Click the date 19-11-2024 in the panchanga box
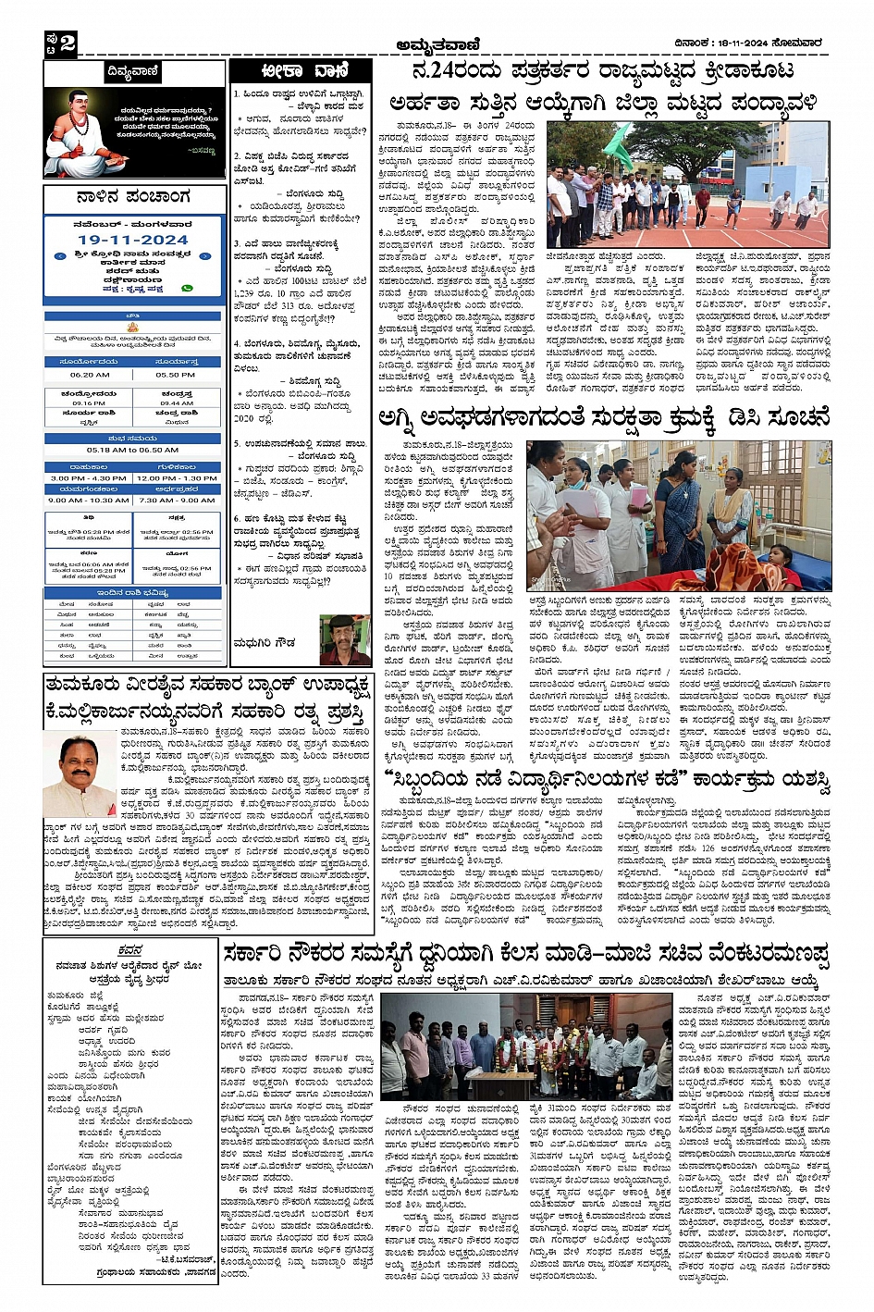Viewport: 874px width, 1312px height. (x=132, y=240)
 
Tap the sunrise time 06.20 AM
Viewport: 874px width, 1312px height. (x=90, y=375)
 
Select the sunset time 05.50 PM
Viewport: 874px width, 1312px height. (x=175, y=375)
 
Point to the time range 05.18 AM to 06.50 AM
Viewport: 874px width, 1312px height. (x=132, y=450)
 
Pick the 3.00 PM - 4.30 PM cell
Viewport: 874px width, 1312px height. (x=89, y=478)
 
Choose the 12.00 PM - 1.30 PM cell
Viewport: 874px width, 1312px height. (x=176, y=478)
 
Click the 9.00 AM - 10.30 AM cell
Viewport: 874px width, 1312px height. (x=89, y=501)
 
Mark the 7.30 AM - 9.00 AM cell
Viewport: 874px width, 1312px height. (x=176, y=501)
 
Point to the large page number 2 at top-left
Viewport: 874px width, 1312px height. (x=68, y=43)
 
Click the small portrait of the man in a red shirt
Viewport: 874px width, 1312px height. (x=344, y=639)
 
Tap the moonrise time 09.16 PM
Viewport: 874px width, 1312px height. (x=89, y=403)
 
